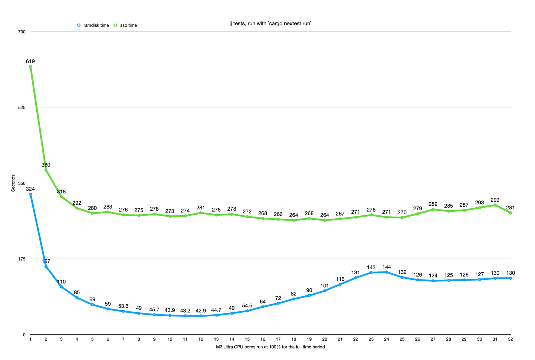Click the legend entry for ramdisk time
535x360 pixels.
93,25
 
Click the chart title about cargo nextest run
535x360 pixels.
270,23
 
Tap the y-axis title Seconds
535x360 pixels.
13,183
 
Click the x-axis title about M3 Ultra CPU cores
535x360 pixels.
270,347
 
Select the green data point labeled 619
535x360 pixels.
30,67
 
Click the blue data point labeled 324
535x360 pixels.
30,194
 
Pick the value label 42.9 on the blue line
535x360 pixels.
201,311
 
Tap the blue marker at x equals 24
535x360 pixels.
386,272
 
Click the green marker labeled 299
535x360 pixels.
495,205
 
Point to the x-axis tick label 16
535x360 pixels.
263,339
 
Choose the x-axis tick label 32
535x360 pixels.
510,339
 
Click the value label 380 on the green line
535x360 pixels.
46,165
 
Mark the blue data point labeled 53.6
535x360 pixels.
123,311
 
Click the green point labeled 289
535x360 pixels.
433,209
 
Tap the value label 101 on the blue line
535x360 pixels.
324,286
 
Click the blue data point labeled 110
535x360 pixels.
61,287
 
